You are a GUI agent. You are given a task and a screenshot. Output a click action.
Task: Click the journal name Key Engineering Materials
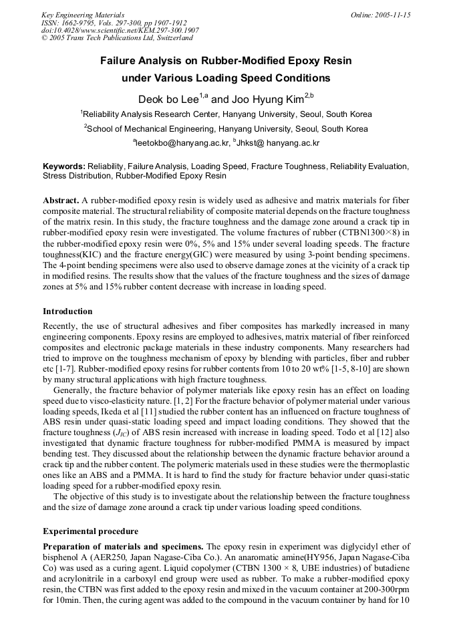click(83, 14)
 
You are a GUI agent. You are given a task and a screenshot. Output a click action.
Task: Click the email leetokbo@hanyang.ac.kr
click(182, 143)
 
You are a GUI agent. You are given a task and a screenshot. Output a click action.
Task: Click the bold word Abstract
click(61, 201)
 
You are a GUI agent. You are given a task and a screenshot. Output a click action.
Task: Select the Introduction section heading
click(67, 311)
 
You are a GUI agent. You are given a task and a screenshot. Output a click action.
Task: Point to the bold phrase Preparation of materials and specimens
click(124, 547)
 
